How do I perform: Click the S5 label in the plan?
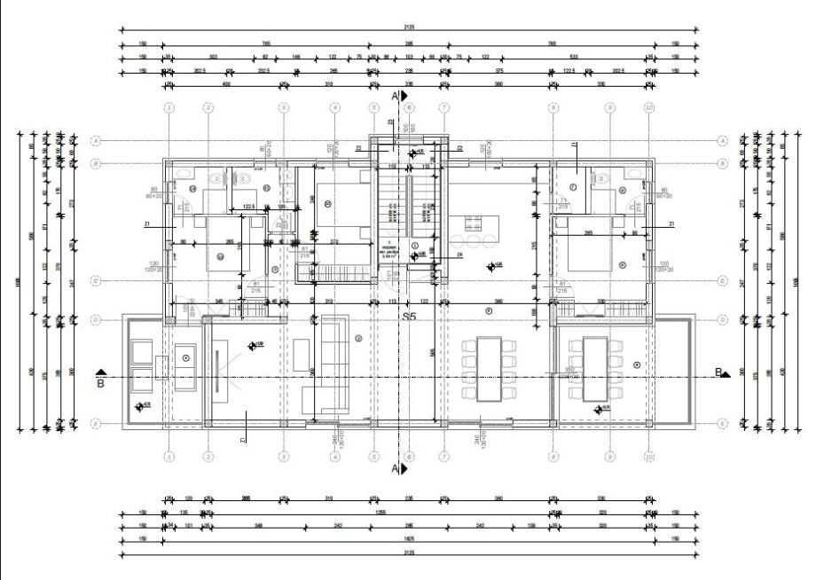[x=409, y=316]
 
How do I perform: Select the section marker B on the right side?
[x=721, y=372]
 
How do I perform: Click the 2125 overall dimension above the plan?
[x=408, y=27]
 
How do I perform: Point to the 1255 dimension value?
[x=380, y=513]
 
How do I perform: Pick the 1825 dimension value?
[x=408, y=537]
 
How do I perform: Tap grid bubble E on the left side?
[x=96, y=424]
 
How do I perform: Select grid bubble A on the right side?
[x=722, y=140]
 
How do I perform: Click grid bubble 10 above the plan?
[x=649, y=107]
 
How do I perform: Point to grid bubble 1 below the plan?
[x=169, y=457]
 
